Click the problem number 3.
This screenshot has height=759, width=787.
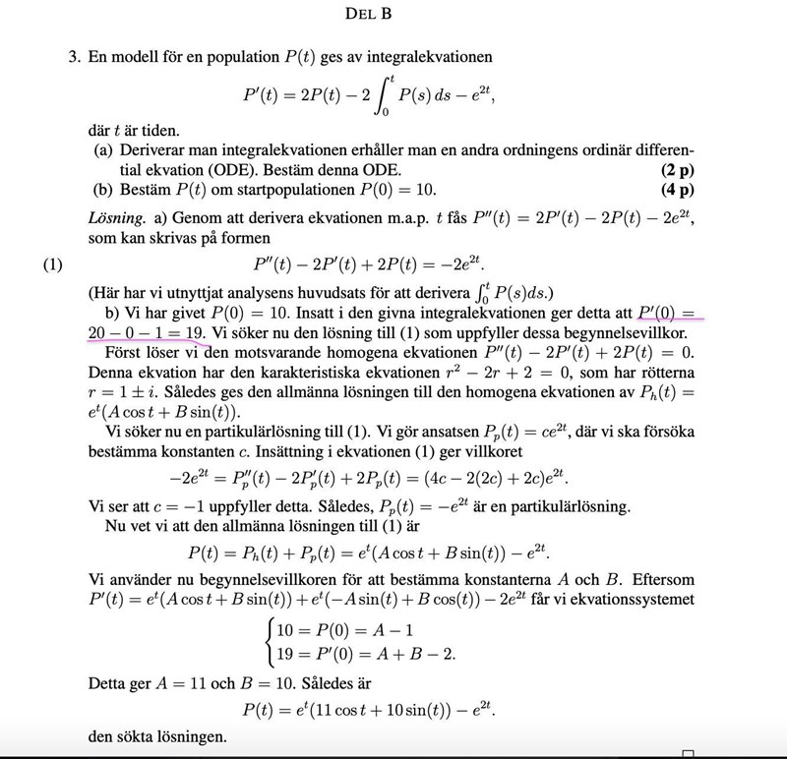(x=73, y=58)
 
